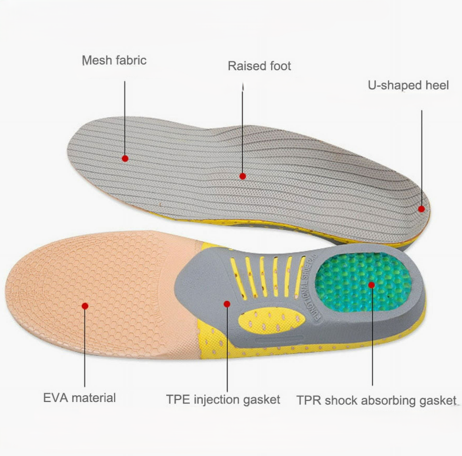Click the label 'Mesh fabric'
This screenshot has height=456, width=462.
114,60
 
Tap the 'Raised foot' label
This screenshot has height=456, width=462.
259,66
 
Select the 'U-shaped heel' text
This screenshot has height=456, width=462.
408,85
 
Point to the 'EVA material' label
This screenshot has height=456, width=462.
79,397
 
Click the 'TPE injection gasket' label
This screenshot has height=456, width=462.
223,399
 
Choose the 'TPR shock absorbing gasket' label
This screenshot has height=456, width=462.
376,400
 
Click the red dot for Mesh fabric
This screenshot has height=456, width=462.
125,159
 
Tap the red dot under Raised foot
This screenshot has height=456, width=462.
243,176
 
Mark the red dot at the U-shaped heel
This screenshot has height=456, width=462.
422,209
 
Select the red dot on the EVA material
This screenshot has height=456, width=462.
85,306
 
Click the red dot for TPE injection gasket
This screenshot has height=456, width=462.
227,303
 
